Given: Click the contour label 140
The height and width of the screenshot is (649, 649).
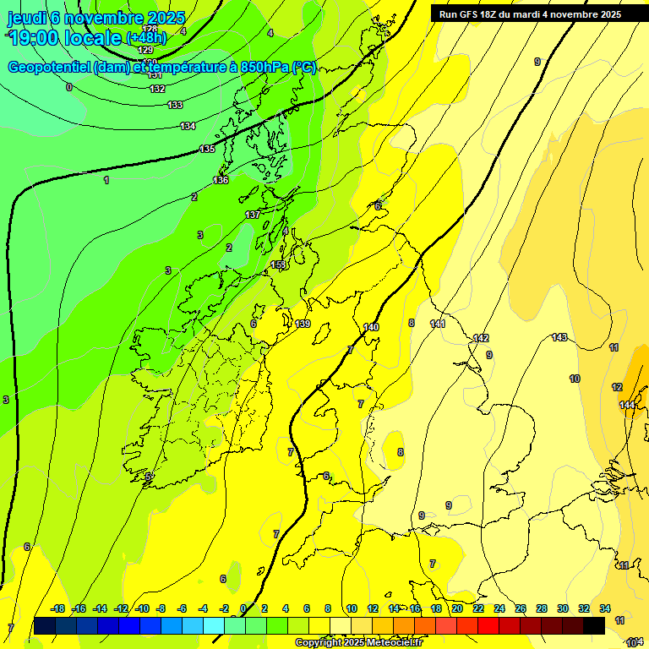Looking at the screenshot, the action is click(x=371, y=327).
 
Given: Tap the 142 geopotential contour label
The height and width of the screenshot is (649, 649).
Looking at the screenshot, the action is click(x=481, y=338).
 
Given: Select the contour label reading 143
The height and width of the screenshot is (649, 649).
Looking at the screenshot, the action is click(x=559, y=337).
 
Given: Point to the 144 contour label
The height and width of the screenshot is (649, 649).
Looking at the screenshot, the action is click(x=627, y=405).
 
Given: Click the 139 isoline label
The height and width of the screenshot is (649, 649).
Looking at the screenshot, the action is click(x=303, y=324).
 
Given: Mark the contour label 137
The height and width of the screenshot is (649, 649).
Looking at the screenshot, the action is click(x=253, y=215).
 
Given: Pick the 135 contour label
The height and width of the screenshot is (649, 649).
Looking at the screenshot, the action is click(x=207, y=149).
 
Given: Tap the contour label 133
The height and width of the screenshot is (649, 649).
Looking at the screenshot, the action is click(x=175, y=105).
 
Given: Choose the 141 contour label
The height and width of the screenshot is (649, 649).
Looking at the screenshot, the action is click(x=438, y=324).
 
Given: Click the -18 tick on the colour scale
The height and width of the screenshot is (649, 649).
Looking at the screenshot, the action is click(x=57, y=608).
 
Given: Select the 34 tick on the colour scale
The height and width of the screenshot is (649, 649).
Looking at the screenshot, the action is click(x=605, y=608).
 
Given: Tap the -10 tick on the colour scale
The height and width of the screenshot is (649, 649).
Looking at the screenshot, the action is click(x=142, y=608).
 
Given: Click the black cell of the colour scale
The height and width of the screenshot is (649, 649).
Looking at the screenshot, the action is click(x=594, y=625).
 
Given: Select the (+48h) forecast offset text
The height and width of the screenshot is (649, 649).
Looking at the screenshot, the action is click(x=146, y=38).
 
